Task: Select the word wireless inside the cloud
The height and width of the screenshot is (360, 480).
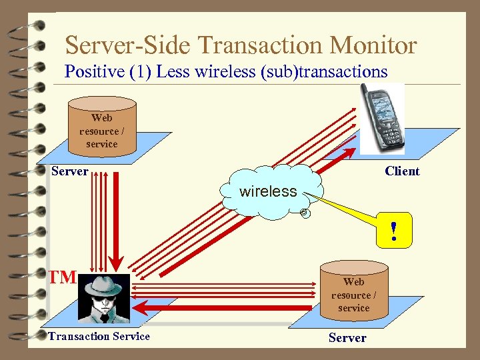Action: pos(268,191)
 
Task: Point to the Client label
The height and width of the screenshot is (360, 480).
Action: pos(402,171)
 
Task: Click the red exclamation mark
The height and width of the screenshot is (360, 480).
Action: pos(394,231)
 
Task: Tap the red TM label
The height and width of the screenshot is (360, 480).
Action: pos(63,277)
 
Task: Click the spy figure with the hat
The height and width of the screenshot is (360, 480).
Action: pos(104,296)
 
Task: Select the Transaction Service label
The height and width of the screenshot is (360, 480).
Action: pos(99,336)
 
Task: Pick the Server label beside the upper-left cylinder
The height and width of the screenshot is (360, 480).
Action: pos(70,171)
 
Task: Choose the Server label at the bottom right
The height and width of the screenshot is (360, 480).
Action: pos(347,337)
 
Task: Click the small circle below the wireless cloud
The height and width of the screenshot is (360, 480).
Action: pos(303,213)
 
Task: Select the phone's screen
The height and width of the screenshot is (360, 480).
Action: pos(382,107)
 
